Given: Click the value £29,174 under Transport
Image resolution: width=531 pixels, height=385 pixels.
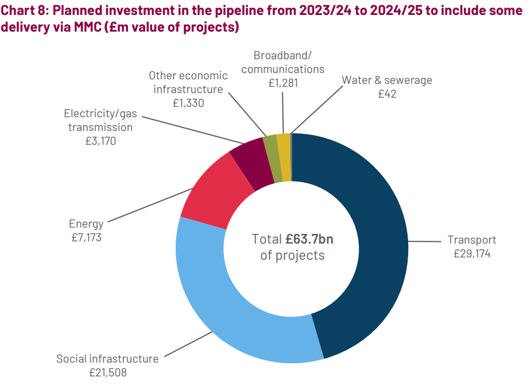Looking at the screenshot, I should (x=472, y=253).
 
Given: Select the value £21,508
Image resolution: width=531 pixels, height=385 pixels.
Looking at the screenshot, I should (x=107, y=372).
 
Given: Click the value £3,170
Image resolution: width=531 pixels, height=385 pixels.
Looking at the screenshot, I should (x=100, y=140).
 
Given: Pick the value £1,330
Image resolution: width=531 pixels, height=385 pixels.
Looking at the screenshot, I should (x=188, y=103).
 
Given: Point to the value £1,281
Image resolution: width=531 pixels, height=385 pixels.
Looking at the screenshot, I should (x=283, y=82).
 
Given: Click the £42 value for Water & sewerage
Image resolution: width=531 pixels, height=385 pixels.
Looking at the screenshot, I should (x=387, y=94).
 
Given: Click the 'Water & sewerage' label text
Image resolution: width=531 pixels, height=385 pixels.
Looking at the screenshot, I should (x=387, y=80).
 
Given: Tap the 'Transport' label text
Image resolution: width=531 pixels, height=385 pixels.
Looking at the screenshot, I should (x=472, y=240).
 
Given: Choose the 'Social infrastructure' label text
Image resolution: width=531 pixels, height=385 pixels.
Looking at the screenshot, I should (x=107, y=359).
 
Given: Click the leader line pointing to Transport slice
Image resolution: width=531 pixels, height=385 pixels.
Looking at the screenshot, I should (x=425, y=242).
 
